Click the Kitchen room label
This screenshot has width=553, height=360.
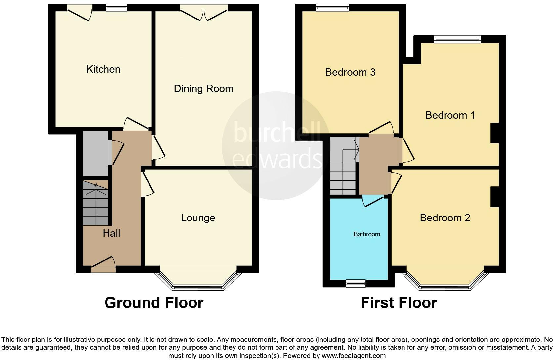point(103,69)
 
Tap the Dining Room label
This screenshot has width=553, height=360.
point(203,89)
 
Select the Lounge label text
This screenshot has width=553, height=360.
point(198,218)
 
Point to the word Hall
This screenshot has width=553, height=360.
point(111,233)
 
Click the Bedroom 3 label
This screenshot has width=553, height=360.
point(350,72)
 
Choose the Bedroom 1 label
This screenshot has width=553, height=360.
point(450,115)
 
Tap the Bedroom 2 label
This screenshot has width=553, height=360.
point(445,218)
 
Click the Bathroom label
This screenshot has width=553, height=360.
point(366,234)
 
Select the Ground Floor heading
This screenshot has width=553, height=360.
point(154,303)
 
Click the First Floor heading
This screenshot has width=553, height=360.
point(399,303)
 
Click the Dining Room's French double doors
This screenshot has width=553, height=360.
point(204,12)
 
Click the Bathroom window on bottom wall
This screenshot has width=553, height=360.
point(356,283)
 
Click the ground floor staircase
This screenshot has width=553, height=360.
point(95,203)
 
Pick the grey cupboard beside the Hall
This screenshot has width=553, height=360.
point(95,153)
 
